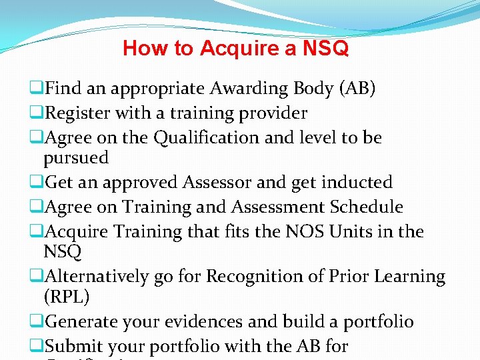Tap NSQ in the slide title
[x=326, y=49]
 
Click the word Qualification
[x=210, y=138]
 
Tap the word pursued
[x=76, y=158]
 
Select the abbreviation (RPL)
[x=65, y=296]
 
